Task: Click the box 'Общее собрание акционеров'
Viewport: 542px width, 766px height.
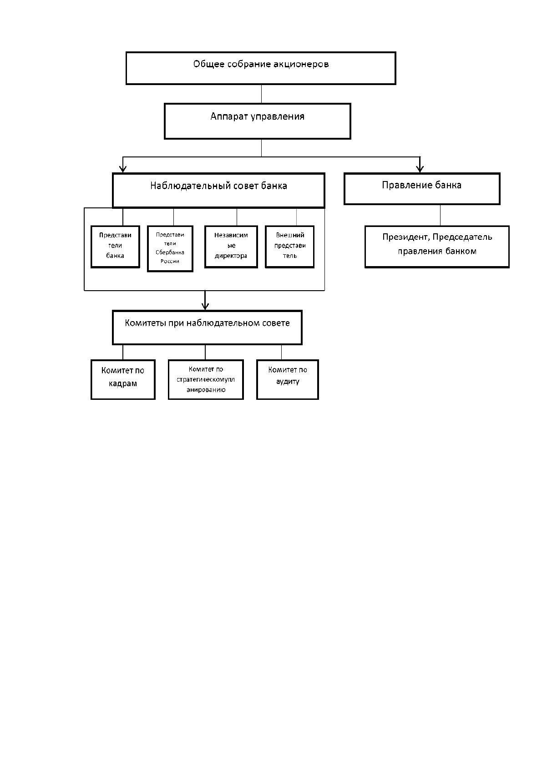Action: (261, 68)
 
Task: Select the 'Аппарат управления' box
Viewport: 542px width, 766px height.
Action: (258, 121)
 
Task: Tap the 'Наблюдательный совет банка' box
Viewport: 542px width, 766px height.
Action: (218, 191)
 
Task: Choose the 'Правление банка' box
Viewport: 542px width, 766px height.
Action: (422, 189)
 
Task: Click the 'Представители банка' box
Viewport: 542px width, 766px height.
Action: (115, 247)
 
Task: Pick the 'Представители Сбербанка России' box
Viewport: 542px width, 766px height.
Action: (170, 249)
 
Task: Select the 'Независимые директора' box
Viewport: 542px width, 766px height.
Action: (231, 247)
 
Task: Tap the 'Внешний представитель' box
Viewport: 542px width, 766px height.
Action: (289, 247)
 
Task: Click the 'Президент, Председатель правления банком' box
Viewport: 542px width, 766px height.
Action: (437, 247)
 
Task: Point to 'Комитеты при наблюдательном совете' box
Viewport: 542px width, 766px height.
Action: (207, 327)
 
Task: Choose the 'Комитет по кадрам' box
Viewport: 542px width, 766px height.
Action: (123, 379)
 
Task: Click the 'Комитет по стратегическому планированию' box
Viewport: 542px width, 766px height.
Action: (206, 379)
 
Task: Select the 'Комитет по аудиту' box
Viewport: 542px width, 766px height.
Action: (288, 379)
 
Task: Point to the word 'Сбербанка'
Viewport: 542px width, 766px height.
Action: (170, 252)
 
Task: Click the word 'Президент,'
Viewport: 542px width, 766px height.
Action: (406, 237)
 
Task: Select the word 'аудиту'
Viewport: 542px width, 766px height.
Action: (288, 382)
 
